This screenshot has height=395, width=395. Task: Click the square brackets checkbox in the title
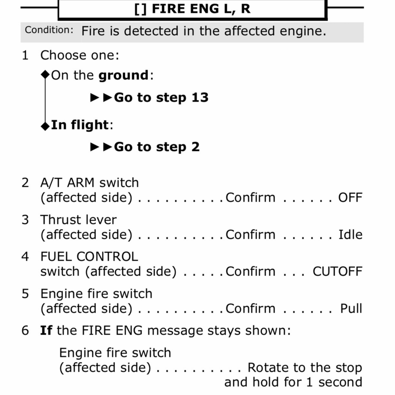140,9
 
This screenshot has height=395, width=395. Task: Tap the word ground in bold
123,76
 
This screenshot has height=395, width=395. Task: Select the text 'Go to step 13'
161,97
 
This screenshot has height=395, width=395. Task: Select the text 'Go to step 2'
157,147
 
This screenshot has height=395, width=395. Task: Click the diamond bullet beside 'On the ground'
45,75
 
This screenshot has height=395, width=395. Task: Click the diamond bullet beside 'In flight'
45,126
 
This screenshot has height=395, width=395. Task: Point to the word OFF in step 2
350,197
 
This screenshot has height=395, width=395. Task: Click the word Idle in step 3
350,235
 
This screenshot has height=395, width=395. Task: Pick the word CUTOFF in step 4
337,271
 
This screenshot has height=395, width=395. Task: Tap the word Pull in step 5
351,308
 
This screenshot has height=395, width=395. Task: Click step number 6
25,330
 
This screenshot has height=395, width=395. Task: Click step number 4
25,256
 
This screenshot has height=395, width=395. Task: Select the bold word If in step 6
46,330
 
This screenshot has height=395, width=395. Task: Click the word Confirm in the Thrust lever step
251,235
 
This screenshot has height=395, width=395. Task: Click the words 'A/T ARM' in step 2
67,183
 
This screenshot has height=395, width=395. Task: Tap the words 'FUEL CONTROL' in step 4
89,256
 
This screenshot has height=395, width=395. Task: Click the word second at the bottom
340,382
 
